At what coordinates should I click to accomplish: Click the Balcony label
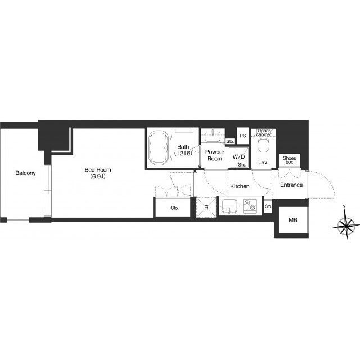coord(25,173)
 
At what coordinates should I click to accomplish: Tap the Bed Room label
coord(98,170)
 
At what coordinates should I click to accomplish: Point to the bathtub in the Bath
coord(159,148)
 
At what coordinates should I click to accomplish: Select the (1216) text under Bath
coord(183,154)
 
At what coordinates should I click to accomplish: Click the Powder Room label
coord(215,155)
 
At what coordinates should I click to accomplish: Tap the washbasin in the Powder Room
coord(213,136)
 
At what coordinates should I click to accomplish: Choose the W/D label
coord(238,157)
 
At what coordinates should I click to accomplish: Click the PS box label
coord(243,136)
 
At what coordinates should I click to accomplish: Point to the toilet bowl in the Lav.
coord(263,145)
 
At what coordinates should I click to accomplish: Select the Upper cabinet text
coord(264,133)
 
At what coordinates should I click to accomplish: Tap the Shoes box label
coord(290,160)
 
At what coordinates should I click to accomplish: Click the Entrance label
coord(291,185)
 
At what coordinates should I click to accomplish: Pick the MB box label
coord(293,220)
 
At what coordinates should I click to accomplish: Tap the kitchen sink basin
coord(229,206)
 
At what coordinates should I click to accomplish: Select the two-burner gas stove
coord(250,206)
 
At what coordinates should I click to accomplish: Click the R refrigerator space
coord(206,208)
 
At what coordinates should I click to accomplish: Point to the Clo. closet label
coord(174,208)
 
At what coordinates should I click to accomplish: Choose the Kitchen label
coord(240,186)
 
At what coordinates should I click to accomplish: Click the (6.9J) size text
coord(98,176)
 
